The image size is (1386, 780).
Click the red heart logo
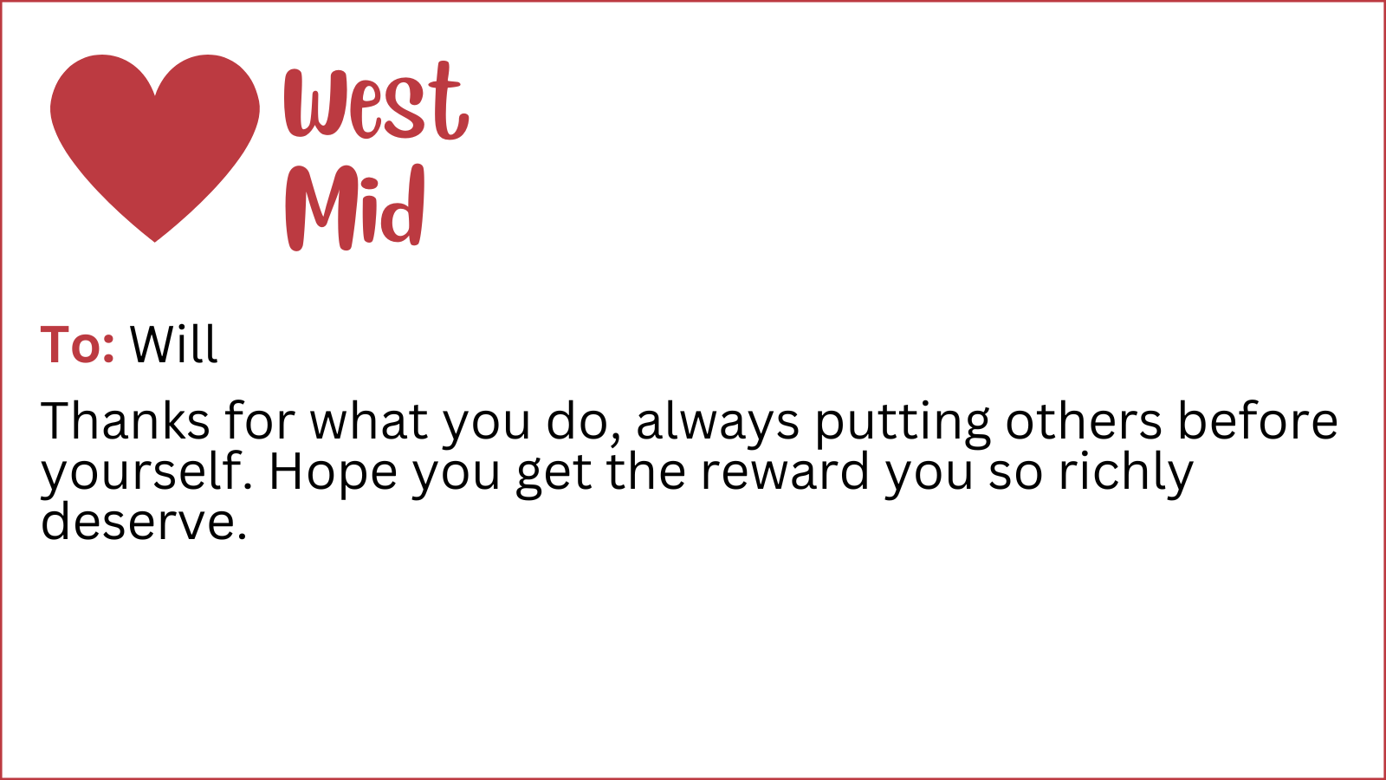click(x=155, y=147)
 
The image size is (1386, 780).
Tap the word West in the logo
click(x=376, y=101)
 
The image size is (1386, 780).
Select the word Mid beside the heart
click(x=355, y=207)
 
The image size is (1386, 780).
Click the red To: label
click(x=77, y=344)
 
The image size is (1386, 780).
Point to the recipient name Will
click(x=174, y=344)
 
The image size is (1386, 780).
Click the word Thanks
click(x=125, y=421)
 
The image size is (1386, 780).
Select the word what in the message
click(x=369, y=421)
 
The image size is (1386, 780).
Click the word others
click(x=1084, y=421)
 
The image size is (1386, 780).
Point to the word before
click(x=1257, y=421)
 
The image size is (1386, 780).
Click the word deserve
click(x=144, y=521)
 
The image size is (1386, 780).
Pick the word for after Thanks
click(x=260, y=421)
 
